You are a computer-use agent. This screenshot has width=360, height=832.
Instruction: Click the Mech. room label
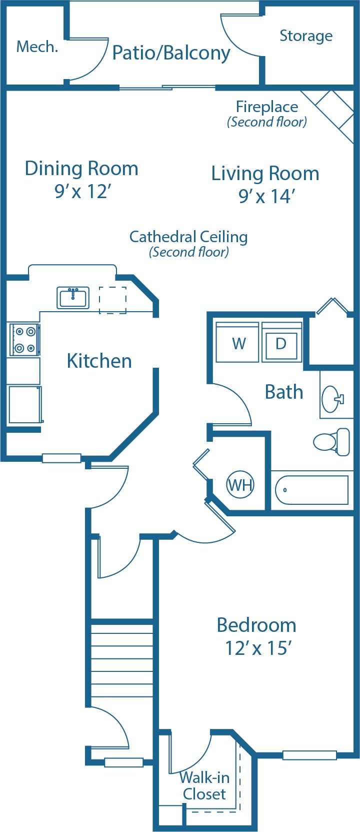coord(37,47)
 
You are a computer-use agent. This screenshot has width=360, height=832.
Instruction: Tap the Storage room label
coord(305,36)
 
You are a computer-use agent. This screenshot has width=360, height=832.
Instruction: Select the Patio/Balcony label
coord(171,53)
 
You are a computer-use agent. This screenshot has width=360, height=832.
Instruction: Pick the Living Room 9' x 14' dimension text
coord(265,197)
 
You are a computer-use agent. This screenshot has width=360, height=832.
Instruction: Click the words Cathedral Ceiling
coord(188,237)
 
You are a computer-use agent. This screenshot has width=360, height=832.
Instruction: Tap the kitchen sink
coord(73,298)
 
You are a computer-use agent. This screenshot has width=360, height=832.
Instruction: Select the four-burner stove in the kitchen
coord(24,339)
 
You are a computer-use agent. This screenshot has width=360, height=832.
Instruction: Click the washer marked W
coord(238,343)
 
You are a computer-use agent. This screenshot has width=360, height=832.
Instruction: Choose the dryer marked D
coord(281,343)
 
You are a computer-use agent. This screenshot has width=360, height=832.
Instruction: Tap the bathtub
coord(312,490)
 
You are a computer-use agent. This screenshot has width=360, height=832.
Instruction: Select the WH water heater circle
coord(240,485)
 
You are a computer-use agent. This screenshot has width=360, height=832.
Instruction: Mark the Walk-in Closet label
coord(204,786)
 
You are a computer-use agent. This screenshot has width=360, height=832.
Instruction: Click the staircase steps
coord(122,658)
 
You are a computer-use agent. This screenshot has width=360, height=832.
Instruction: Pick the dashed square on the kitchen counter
coord(112,300)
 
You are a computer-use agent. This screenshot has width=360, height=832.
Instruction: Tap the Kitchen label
coord(99,361)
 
